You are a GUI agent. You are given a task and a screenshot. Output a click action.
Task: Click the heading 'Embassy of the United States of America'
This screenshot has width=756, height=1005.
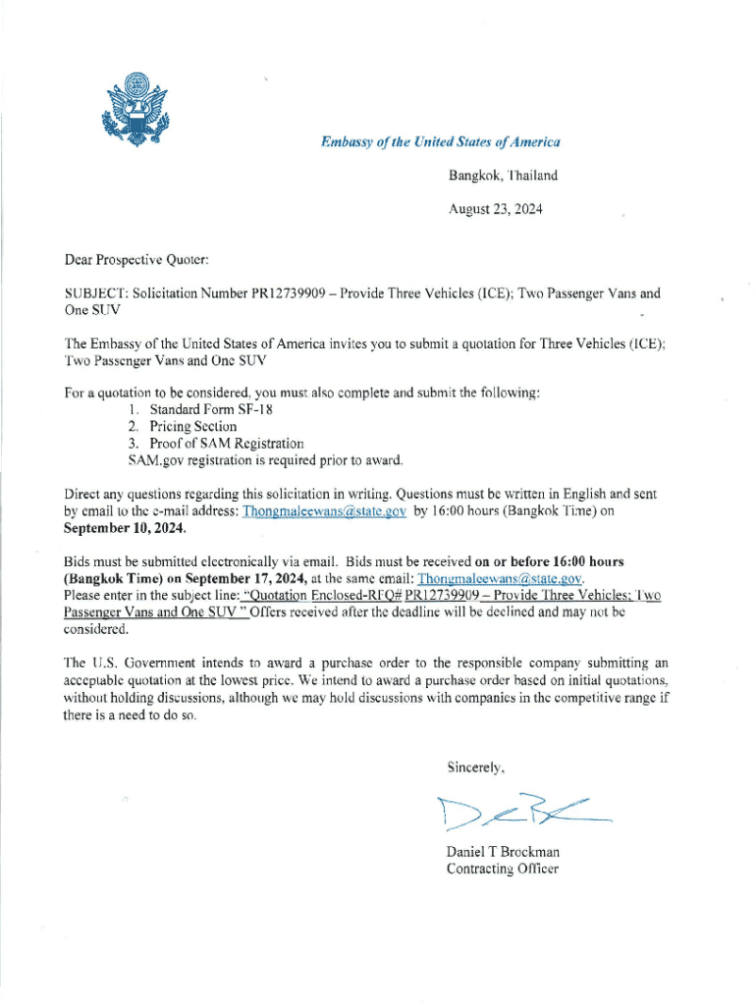coord(440,142)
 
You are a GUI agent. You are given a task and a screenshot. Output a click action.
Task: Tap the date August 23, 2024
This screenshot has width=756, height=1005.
coord(495,209)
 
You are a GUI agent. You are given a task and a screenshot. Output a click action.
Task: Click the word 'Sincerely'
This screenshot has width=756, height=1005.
coord(476,767)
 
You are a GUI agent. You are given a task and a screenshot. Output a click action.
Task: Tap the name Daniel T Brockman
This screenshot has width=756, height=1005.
coord(503,852)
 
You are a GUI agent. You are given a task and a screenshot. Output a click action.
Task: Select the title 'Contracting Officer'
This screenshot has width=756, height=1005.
coord(502,869)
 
